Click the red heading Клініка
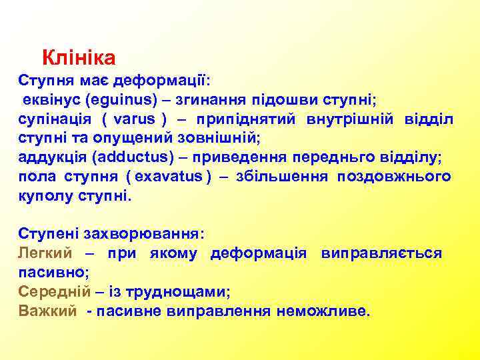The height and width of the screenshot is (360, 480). [79, 58]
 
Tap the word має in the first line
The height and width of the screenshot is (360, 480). [94, 81]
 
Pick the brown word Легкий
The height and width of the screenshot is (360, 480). [43, 254]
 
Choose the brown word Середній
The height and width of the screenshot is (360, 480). [50, 292]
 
